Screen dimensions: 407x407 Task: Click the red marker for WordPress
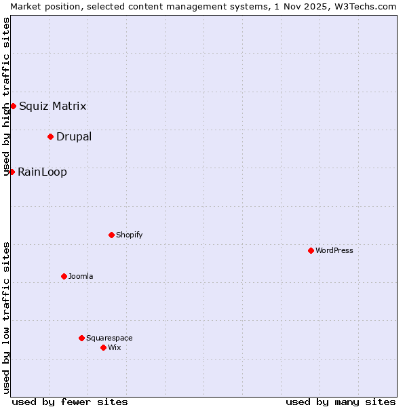pyautogui.click(x=311, y=250)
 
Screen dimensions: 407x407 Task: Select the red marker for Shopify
pyautogui.click(x=111, y=235)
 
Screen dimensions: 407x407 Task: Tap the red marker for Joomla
pyautogui.click(x=64, y=276)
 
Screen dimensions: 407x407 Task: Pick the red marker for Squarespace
pyautogui.click(x=81, y=338)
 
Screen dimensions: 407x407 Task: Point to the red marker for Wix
pyautogui.click(x=103, y=347)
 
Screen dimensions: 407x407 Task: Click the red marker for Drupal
pyautogui.click(x=50, y=136)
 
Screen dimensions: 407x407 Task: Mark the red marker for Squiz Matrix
pyautogui.click(x=13, y=106)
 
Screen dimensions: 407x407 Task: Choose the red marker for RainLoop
pyautogui.click(x=12, y=172)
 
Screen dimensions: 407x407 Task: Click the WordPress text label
pyautogui.click(x=334, y=250)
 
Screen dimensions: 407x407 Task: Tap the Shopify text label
pyautogui.click(x=129, y=235)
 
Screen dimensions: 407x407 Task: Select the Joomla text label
pyautogui.click(x=81, y=276)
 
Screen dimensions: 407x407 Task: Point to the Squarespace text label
pyautogui.click(x=109, y=338)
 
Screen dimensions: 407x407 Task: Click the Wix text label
pyautogui.click(x=114, y=347)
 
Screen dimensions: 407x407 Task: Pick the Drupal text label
pyautogui.click(x=74, y=136)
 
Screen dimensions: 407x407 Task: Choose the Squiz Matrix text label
pyautogui.click(x=52, y=106)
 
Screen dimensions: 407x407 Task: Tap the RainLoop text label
pyautogui.click(x=42, y=172)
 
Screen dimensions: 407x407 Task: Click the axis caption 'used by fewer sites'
pyautogui.click(x=70, y=402)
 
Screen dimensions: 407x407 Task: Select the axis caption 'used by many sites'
pyautogui.click(x=341, y=402)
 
